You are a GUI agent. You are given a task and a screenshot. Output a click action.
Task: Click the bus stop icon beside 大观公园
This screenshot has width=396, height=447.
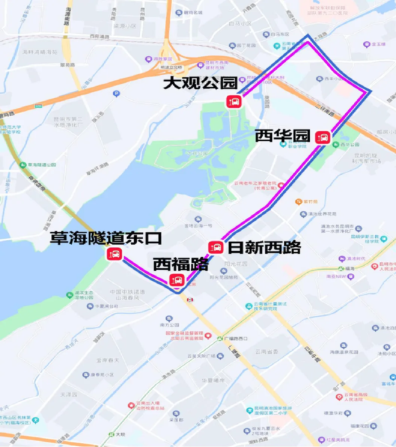(233, 101)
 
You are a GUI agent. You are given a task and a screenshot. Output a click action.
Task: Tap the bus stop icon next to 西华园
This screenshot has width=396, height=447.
(323, 137)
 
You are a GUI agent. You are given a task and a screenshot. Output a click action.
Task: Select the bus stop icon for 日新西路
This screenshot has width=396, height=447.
(216, 247)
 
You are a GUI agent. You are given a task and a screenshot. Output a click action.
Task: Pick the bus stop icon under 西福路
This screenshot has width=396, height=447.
(176, 280)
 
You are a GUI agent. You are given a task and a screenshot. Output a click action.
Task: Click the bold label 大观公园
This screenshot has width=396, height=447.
(201, 83)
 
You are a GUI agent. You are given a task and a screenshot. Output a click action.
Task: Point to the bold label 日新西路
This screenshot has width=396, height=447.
(265, 247)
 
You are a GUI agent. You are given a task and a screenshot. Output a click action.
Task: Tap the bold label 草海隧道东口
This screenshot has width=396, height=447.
(106, 238)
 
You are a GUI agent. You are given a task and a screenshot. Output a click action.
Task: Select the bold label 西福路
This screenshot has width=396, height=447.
(180, 265)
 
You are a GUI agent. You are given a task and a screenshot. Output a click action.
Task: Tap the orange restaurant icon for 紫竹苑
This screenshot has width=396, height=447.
(298, 202)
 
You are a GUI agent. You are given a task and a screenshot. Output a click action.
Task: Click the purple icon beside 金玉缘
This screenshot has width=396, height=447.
(366, 45)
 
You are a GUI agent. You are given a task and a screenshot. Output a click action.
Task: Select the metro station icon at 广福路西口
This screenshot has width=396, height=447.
(220, 338)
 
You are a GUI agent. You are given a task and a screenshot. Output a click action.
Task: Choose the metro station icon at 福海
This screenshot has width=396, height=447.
(341, 268)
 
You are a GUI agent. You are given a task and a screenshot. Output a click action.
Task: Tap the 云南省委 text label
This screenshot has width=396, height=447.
(266, 352)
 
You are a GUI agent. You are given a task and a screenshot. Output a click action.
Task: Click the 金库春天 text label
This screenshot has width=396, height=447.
(107, 360)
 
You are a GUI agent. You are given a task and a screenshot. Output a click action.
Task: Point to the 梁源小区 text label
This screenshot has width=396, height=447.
(124, 26)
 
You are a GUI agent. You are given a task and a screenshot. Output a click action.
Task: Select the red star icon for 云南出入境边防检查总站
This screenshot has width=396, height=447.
(131, 405)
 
